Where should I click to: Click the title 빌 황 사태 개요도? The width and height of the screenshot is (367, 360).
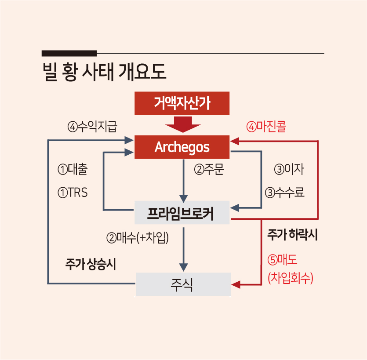coord(104,72)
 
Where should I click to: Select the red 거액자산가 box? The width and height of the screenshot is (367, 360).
coord(182,103)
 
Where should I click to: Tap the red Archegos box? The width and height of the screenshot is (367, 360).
coord(182,147)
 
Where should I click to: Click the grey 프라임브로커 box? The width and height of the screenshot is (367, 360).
coord(182,212)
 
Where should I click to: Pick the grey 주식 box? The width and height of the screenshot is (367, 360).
coord(183,284)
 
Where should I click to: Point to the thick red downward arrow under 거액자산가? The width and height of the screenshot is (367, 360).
coord(183,124)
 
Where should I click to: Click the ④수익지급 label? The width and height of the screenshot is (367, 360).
coord(92,127)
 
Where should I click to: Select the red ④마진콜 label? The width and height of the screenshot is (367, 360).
coord(266,127)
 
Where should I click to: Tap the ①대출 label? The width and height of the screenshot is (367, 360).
coord(73,169)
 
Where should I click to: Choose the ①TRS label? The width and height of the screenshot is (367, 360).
coord(73,193)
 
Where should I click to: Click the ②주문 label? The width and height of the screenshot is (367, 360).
coord(209,169)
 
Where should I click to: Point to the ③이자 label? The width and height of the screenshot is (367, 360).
coord(289,169)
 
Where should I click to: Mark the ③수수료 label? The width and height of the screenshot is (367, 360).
coord(285,193)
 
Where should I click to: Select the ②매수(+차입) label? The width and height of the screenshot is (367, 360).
coord(138,238)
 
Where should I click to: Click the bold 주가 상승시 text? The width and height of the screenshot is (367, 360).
coord(91,264)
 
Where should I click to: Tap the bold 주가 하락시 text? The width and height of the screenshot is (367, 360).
coord(292,235)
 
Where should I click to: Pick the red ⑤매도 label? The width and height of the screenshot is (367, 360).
coord(283,260)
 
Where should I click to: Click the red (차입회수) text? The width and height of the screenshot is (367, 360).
coord(291,278)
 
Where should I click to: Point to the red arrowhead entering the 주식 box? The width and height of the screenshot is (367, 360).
coord(236,285)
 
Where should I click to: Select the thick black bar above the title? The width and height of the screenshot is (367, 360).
coord(69,53)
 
